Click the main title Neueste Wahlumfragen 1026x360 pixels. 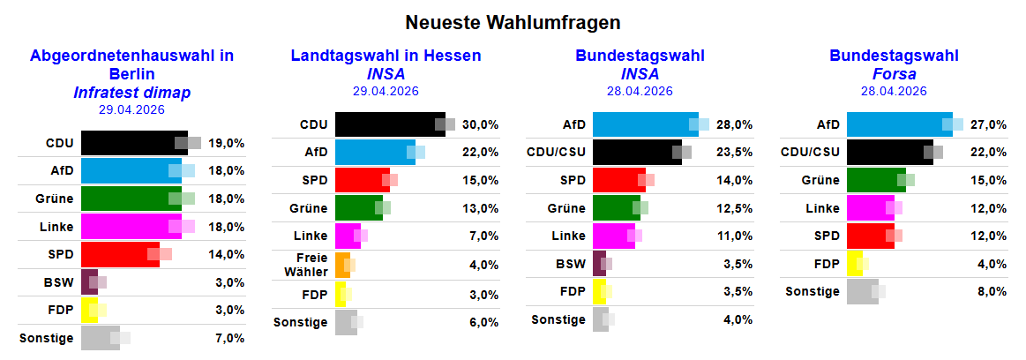tap(513, 21)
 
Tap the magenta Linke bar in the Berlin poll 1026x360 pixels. tap(130, 227)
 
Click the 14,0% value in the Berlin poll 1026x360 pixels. tap(227, 254)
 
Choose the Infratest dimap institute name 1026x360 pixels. tap(132, 93)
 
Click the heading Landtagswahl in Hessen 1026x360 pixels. tap(386, 56)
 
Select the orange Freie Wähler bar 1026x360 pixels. tap(342, 266)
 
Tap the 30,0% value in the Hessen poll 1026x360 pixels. tap(481, 125)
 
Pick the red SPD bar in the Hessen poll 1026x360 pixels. tap(362, 181)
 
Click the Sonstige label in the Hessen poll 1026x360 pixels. tap(300, 322)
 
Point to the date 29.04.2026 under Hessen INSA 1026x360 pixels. tap(386, 91)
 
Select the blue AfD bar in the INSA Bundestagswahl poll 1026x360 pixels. tap(644, 124)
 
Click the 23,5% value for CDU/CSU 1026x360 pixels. tap(735, 153)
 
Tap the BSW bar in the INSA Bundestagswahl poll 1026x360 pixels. tap(599, 264)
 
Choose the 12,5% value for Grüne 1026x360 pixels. tap(735, 208)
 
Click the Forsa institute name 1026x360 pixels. tap(894, 74)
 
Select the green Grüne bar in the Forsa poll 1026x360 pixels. tap(875, 180)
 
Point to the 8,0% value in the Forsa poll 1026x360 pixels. tap(989, 291)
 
